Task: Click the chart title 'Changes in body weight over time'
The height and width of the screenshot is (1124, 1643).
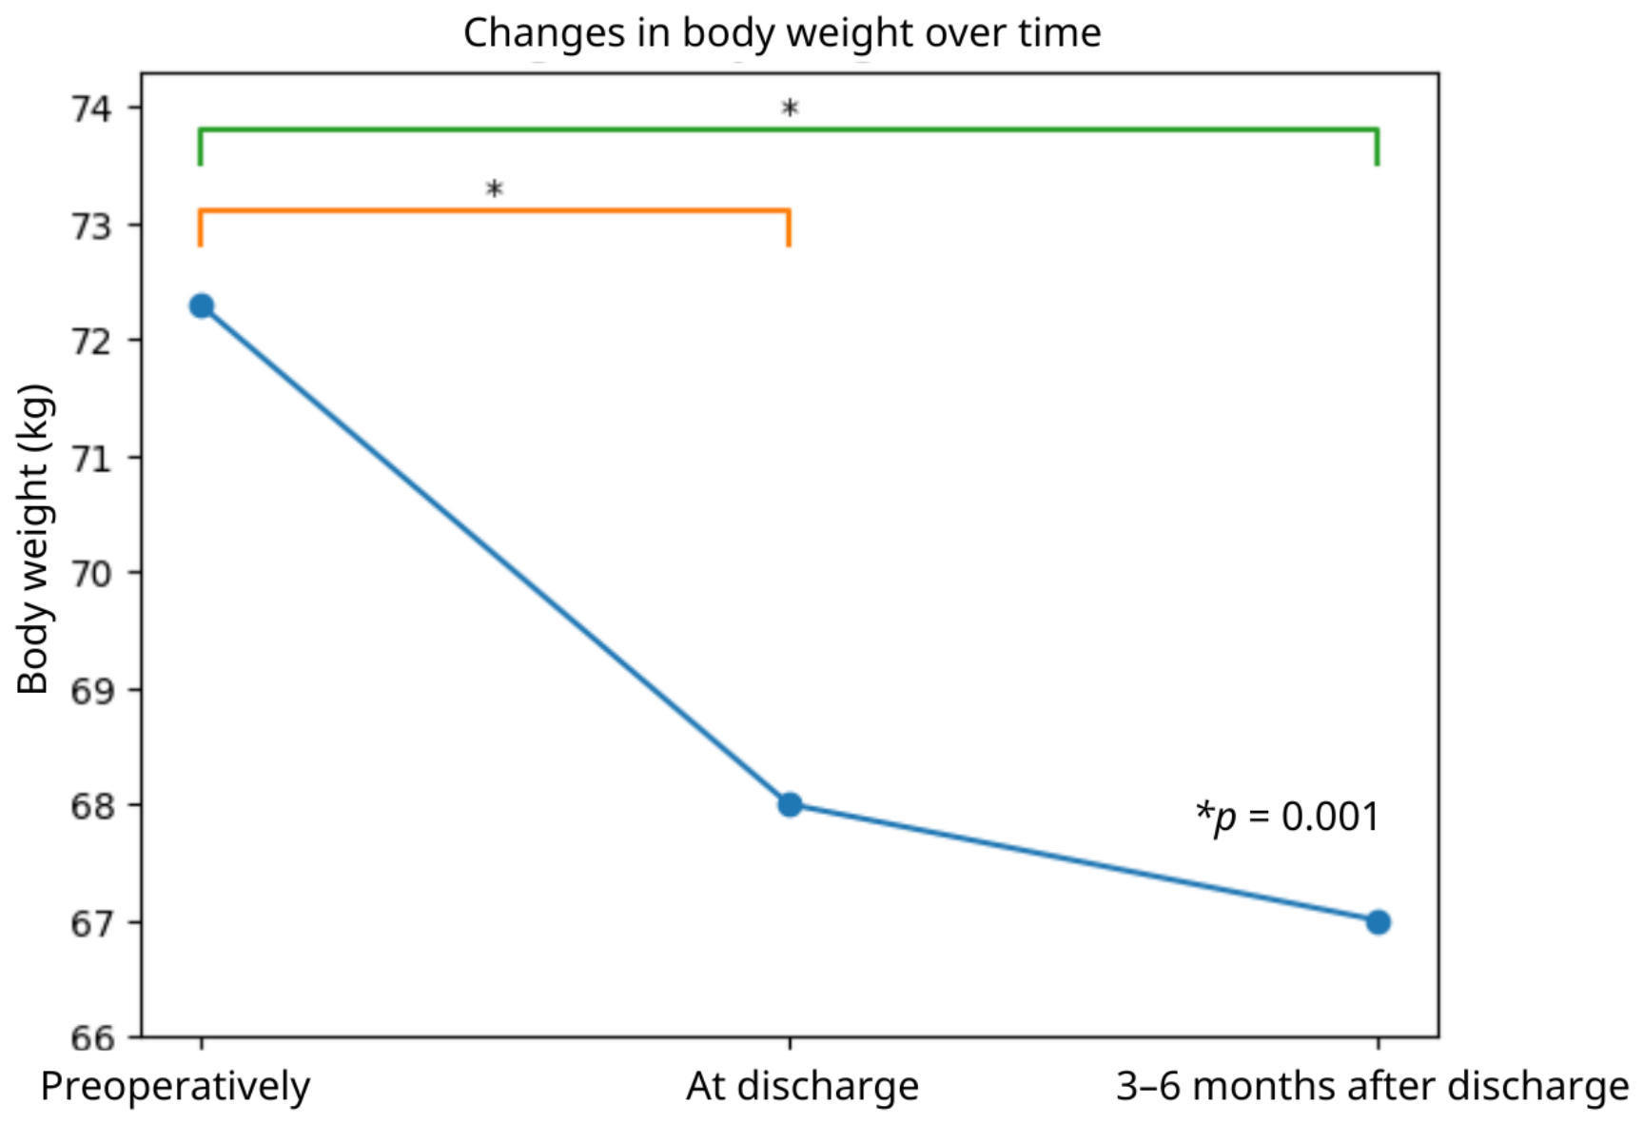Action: (x=782, y=33)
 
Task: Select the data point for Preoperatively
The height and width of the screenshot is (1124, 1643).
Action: (x=202, y=306)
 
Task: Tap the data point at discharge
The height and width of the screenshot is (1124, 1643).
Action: (x=790, y=805)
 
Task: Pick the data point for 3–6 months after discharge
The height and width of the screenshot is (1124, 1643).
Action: (x=1378, y=922)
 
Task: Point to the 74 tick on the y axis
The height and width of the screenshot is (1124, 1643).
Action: (x=91, y=108)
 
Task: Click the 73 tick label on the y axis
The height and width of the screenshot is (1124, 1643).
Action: (x=91, y=226)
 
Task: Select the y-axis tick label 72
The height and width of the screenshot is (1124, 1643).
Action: (x=91, y=341)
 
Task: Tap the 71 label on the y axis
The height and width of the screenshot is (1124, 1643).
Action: (x=91, y=458)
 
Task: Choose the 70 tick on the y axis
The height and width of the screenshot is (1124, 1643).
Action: (x=91, y=573)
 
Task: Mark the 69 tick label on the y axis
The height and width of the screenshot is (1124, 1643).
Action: (x=91, y=690)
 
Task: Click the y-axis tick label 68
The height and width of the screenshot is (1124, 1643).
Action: (x=91, y=806)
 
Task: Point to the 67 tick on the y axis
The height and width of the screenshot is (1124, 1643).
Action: (x=91, y=923)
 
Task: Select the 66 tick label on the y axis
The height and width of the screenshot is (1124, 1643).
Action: (x=91, y=1037)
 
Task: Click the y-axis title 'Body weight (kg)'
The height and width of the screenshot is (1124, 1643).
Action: (x=34, y=539)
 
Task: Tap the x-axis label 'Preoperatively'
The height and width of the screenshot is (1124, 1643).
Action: (x=175, y=1087)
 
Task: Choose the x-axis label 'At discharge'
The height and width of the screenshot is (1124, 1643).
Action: (x=803, y=1086)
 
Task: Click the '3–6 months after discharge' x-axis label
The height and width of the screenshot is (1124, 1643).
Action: (x=1372, y=1086)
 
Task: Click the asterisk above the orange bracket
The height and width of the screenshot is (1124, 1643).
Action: (x=494, y=189)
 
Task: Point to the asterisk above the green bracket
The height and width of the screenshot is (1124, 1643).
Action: (x=790, y=108)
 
